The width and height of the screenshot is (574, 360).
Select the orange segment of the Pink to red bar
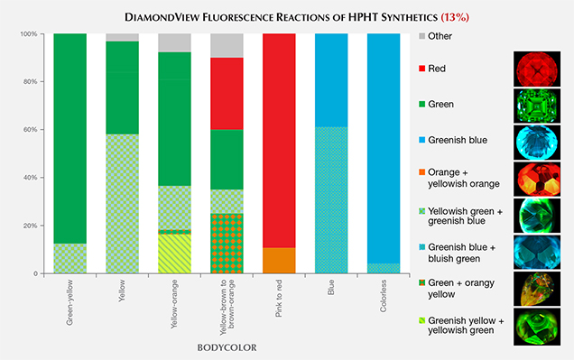pyautogui.click(x=278, y=260)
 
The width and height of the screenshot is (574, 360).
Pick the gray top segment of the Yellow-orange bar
pyautogui.click(x=174, y=42)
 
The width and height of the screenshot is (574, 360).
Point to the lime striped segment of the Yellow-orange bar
pyautogui.click(x=174, y=254)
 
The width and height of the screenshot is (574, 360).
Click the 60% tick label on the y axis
pyautogui.click(x=31, y=130)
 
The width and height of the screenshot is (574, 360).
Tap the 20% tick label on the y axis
pyautogui.click(x=31, y=226)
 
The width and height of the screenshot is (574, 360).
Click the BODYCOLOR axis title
pyautogui.click(x=227, y=346)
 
